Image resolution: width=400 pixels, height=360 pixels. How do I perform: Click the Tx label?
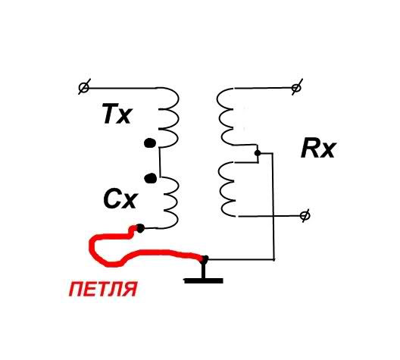tap(117, 114)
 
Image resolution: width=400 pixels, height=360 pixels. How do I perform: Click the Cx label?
tap(120, 199)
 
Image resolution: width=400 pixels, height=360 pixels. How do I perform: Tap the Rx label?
tap(317, 149)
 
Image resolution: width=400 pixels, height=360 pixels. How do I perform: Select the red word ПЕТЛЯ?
tap(103, 289)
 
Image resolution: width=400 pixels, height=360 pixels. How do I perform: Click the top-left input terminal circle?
tap(83, 88)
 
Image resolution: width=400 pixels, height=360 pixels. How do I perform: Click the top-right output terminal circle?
tap(296, 88)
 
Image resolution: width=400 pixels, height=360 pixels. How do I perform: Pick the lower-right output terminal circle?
tap(305, 216)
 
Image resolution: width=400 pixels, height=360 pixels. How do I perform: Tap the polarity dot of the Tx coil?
tap(150, 143)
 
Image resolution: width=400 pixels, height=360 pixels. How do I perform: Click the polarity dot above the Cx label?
tap(150, 178)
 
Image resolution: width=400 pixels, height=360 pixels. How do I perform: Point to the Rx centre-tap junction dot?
tap(258, 153)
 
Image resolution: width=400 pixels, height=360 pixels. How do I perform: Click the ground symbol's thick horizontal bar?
tap(204, 281)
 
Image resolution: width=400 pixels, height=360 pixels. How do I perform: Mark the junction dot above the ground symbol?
tap(205, 259)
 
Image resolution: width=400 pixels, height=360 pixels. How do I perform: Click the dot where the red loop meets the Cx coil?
tap(140, 228)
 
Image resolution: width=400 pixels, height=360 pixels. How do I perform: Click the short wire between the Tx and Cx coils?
tap(160, 162)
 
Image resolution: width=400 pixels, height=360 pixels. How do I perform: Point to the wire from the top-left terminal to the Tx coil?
tap(122, 88)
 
